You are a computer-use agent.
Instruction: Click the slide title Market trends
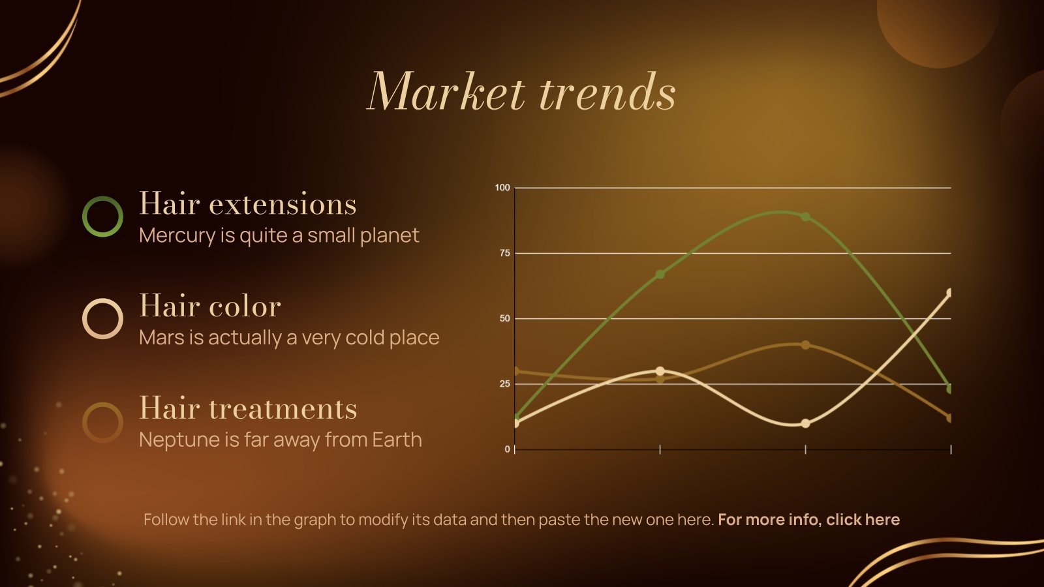tap(521, 92)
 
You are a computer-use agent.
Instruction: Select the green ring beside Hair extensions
tap(102, 217)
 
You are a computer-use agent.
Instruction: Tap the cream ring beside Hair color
tap(102, 319)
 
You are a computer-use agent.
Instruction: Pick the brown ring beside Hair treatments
tap(102, 422)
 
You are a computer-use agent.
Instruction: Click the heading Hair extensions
tap(248, 204)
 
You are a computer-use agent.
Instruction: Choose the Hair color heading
tap(210, 306)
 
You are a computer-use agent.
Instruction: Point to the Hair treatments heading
tap(248, 409)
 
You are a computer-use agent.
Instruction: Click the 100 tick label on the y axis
tap(502, 188)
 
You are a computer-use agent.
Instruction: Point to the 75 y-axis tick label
tap(504, 253)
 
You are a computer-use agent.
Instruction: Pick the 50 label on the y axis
tap(504, 319)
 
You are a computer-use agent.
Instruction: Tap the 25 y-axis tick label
tap(504, 384)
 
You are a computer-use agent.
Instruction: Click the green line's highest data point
tap(805, 217)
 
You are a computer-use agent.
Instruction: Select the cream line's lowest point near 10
tap(805, 423)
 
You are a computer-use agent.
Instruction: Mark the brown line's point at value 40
tap(805, 345)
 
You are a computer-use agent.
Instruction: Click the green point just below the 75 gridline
tap(660, 274)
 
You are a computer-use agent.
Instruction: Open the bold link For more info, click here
tap(808, 520)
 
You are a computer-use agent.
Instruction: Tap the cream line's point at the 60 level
tap(949, 293)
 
